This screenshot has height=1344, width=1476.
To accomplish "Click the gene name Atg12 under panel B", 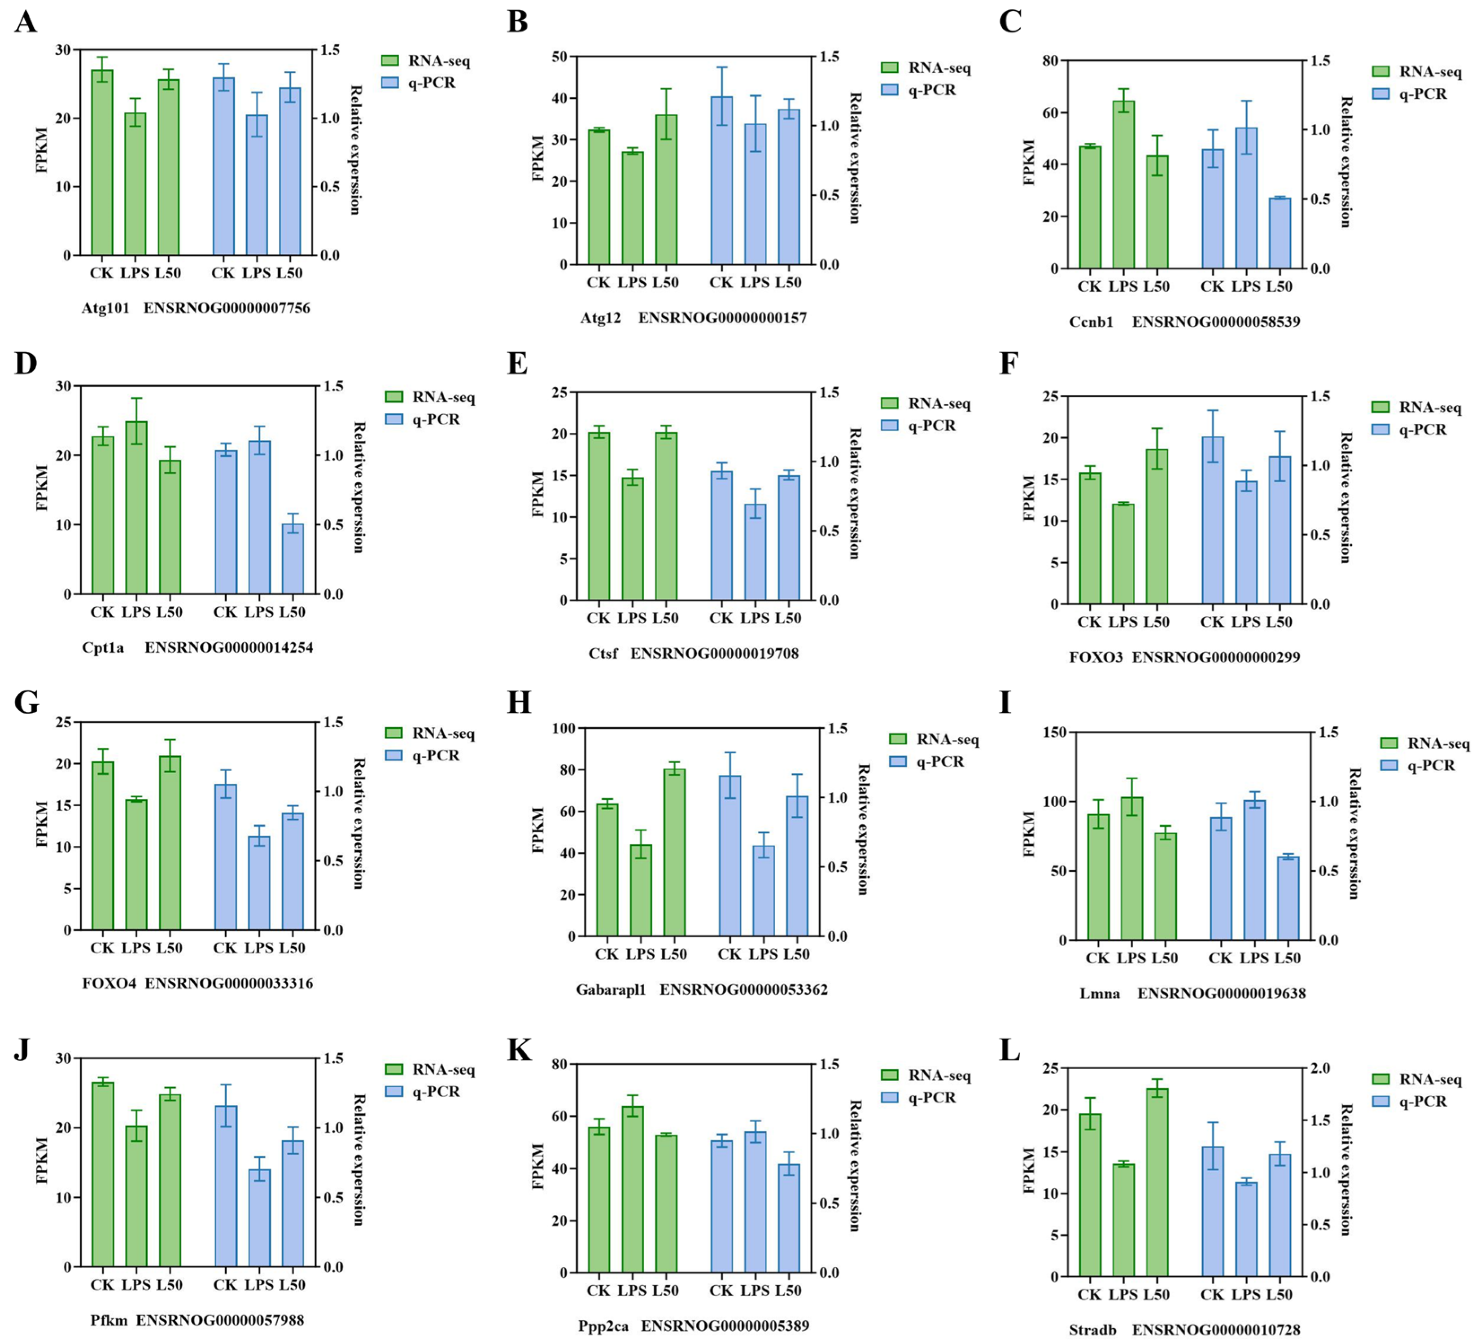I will coord(600,318).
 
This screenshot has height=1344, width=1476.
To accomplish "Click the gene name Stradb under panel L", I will coord(1092,1329).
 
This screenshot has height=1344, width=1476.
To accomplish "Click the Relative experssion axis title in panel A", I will coord(355,150).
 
